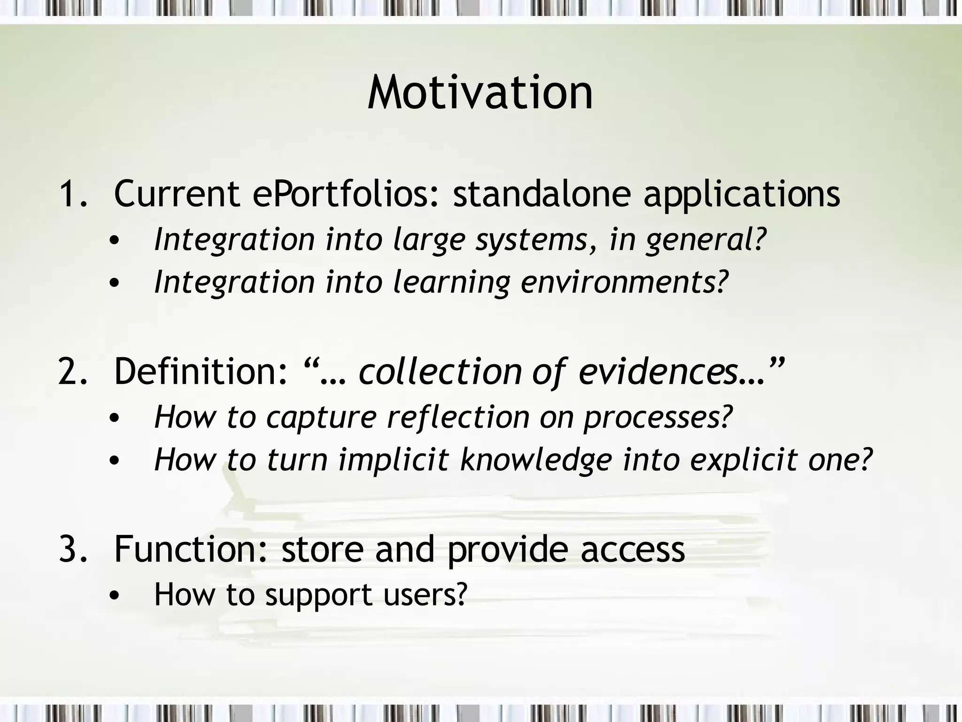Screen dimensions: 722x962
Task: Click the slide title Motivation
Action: pyautogui.click(x=480, y=93)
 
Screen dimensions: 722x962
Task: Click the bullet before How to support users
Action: pyautogui.click(x=114, y=596)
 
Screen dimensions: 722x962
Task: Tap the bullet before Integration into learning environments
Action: pyautogui.click(x=114, y=283)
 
